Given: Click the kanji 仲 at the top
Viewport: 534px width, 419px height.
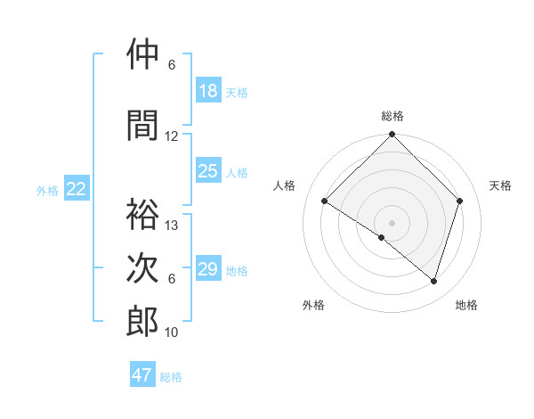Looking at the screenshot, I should coord(142,54).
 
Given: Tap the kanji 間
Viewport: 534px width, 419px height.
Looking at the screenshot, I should coord(142,126).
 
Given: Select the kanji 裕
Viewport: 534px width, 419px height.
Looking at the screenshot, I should coord(142,215).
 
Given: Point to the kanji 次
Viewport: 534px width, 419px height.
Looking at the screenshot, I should coord(142,268).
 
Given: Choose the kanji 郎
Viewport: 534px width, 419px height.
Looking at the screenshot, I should coord(142,322).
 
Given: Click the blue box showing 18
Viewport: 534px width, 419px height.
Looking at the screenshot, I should coord(208,91).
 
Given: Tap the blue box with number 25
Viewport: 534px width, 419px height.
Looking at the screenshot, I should coord(208,171).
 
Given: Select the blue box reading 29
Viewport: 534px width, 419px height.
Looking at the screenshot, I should coord(208,269).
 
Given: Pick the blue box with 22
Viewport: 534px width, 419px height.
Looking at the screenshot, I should coord(77,189).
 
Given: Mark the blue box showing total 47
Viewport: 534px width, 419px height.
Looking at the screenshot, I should coord(142,375).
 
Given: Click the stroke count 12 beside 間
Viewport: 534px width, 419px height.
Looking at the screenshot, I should coord(172,136).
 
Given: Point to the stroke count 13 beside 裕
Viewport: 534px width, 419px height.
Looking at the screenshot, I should coord(172,226).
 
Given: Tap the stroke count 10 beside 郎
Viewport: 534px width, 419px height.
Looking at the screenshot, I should coord(172,333).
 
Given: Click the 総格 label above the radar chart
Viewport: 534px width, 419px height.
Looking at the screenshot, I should coord(392,116).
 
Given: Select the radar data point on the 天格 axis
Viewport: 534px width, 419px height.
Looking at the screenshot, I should coord(460,201).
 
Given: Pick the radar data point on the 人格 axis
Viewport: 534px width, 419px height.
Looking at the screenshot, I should coord(325,201).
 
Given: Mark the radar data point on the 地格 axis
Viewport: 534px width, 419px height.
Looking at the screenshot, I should coord(434,281).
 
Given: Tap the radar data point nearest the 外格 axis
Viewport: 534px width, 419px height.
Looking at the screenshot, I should coord(382,237).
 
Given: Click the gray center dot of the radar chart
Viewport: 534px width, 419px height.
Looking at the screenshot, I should coord(392,222).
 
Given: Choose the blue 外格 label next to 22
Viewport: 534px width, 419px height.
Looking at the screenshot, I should coord(47,190).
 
